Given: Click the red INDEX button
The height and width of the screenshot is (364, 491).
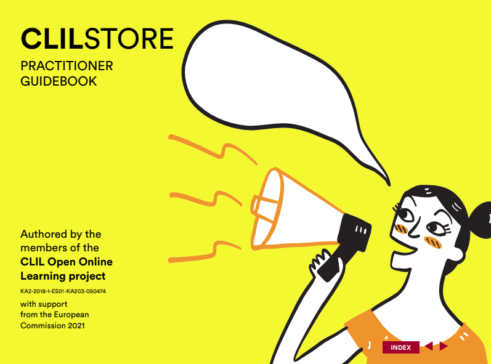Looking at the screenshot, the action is click(401, 347).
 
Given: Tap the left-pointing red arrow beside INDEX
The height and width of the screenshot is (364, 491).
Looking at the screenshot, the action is click(429, 346).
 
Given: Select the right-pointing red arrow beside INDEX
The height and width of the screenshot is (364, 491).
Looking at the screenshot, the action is click(444, 346).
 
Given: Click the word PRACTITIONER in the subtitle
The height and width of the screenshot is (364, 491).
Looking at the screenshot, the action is click(67, 66).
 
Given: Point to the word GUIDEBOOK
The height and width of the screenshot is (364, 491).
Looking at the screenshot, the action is click(59, 81).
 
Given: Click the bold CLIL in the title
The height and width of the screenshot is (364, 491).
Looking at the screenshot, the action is click(52, 39).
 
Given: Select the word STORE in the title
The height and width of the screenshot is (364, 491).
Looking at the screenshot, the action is click(129, 39).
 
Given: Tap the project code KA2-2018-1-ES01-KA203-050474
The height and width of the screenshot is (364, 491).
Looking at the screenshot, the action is click(63, 291).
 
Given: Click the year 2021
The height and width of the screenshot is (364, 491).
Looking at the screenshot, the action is click(76, 325).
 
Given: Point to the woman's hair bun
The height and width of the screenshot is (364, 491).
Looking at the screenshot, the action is click(480, 220).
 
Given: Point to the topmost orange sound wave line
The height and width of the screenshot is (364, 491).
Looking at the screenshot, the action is click(213, 150).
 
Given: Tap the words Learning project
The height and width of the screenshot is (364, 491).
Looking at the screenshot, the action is click(63, 277).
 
